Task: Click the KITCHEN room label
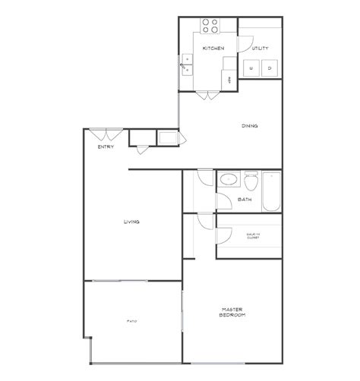pyautogui.click(x=212, y=49)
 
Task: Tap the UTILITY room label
pyautogui.click(x=261, y=49)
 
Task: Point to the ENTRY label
pyautogui.click(x=106, y=146)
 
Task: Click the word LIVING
pyautogui.click(x=131, y=222)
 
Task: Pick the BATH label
pyautogui.click(x=245, y=200)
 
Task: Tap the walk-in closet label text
pyautogui.click(x=252, y=236)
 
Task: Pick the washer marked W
pyautogui.click(x=253, y=69)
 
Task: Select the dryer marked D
pyautogui.click(x=270, y=69)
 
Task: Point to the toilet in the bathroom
pyautogui.click(x=250, y=182)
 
